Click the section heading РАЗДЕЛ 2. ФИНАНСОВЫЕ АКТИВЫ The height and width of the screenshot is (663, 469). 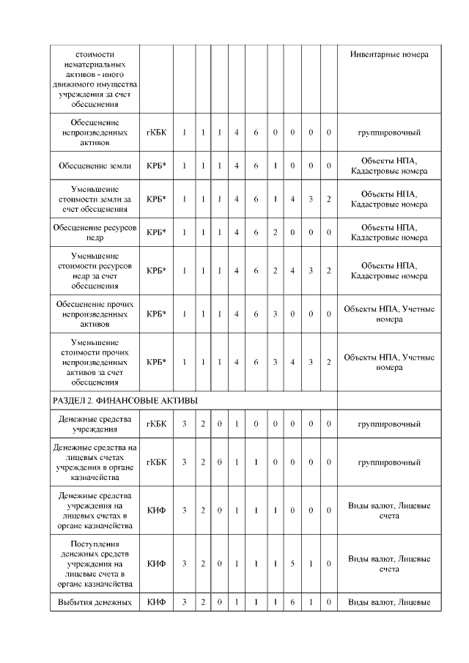click(125, 400)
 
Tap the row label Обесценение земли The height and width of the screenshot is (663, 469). click(95, 166)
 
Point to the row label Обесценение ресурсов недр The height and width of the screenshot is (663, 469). click(95, 232)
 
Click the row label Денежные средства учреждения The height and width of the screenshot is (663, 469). click(95, 424)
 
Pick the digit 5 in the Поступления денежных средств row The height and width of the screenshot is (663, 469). click(292, 563)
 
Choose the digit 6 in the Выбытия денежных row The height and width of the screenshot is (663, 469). click(292, 603)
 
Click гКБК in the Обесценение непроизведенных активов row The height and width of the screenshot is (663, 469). click(156, 133)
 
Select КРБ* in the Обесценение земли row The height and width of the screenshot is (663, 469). click(156, 166)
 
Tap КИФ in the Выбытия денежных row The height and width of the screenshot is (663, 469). click(156, 603)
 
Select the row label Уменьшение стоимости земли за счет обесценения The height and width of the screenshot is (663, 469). click(95, 199)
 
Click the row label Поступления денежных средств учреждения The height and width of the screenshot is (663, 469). click(95, 563)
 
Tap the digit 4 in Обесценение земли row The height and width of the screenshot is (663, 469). click(237, 166)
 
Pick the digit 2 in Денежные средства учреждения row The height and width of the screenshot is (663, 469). click(203, 424)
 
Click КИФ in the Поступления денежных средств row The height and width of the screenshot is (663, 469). click(156, 563)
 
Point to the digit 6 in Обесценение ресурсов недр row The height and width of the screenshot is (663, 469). click(256, 232)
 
